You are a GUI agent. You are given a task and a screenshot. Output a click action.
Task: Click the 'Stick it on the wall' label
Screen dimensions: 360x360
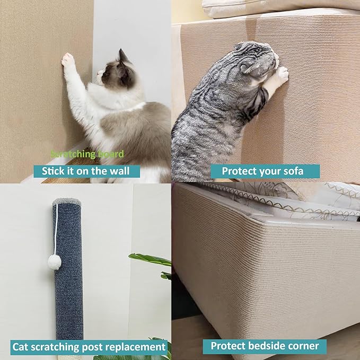coord(86,171)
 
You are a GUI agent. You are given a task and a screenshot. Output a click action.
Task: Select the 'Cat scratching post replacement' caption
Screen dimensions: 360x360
coord(89,347)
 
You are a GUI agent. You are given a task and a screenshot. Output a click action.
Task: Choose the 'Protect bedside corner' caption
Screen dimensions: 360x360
coord(265,346)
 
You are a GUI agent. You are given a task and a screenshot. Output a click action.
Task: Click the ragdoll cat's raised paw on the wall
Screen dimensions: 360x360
coord(68,60)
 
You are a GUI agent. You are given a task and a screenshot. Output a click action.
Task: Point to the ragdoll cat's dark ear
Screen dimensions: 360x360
coord(123,56)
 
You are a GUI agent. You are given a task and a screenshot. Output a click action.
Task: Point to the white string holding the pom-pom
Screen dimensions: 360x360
coord(55,228)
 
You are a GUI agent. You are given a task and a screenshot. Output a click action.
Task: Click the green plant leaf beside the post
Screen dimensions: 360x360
coord(150,259)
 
